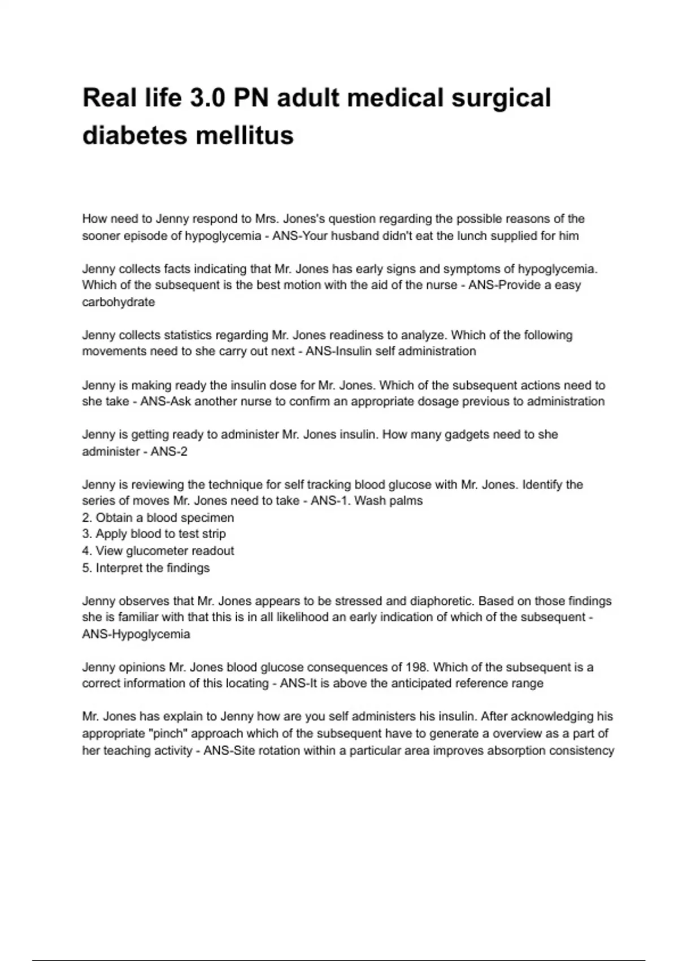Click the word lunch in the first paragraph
pyautogui.click(x=452, y=236)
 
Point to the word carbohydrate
pyautogui.click(x=119, y=302)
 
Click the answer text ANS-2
pyautogui.click(x=169, y=452)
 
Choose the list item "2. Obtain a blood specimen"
pyautogui.click(x=158, y=518)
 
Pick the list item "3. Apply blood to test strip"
pyautogui.click(x=154, y=534)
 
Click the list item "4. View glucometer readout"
pyautogui.click(x=158, y=551)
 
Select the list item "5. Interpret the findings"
pyautogui.click(x=146, y=568)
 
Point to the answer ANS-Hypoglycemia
pyautogui.click(x=136, y=634)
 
